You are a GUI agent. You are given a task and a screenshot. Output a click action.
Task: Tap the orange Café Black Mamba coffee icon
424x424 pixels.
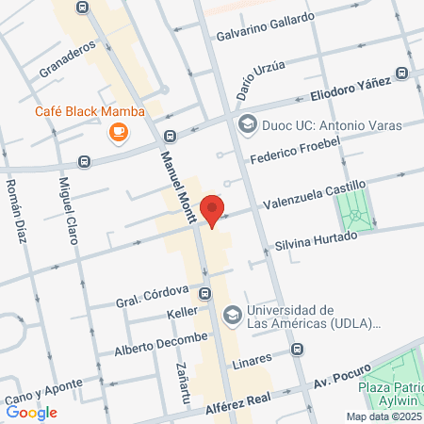[117, 134]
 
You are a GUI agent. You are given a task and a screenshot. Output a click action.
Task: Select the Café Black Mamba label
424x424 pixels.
[90, 111]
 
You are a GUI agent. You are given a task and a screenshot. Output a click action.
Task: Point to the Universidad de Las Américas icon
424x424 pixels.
[232, 314]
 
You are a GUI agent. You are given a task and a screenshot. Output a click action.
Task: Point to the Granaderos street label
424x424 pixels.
[69, 60]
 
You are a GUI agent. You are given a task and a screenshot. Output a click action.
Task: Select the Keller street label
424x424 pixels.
[182, 311]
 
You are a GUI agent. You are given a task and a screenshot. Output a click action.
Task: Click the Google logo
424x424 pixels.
[31, 412]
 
